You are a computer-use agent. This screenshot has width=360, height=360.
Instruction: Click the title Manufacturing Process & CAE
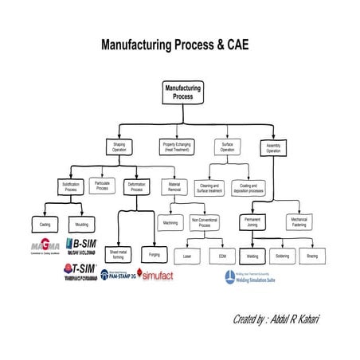[x=179, y=45]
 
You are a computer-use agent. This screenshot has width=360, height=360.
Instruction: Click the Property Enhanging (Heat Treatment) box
[x=178, y=147]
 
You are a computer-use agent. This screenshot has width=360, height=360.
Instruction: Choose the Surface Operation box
[x=227, y=147]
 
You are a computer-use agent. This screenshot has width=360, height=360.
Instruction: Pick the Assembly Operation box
[x=273, y=147]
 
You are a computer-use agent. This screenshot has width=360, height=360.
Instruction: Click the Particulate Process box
[x=102, y=186]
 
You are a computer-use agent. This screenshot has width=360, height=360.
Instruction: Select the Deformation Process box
[x=136, y=188]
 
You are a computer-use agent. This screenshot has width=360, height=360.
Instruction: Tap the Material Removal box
[x=175, y=188]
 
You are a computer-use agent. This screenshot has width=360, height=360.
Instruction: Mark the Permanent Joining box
[x=253, y=222]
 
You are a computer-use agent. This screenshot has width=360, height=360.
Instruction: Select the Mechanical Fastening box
[x=299, y=222]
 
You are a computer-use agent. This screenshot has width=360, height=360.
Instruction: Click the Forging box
[x=155, y=255]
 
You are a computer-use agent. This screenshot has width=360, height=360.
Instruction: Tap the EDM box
[x=222, y=256]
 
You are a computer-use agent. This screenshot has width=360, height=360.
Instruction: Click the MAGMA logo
[x=45, y=245]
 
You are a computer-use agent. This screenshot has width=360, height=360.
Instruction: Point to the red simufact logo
[x=155, y=275]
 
